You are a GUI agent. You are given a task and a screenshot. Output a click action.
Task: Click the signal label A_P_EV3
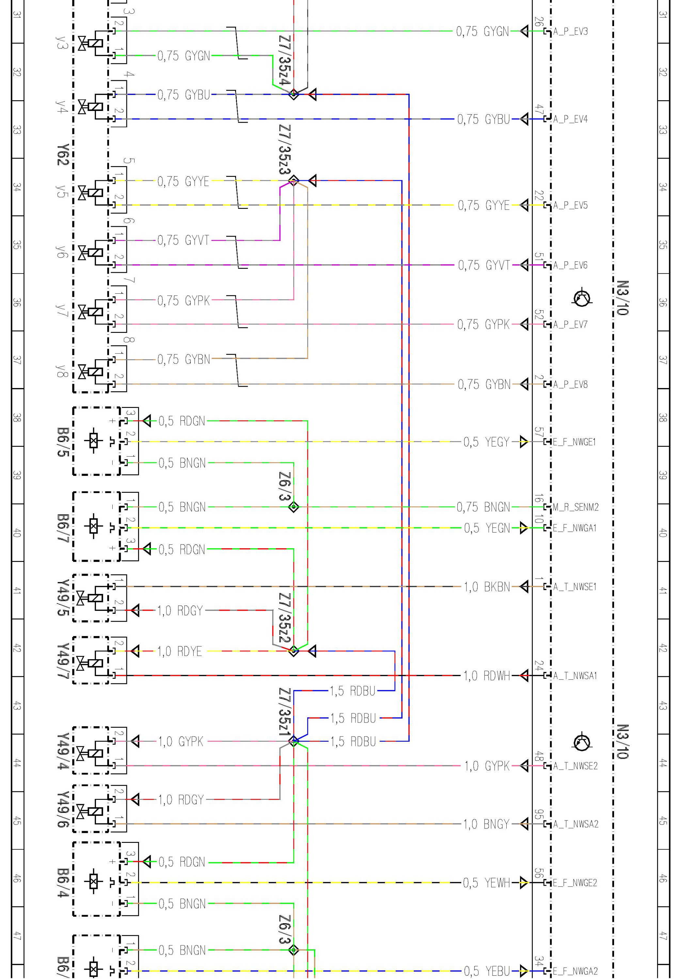[x=571, y=31]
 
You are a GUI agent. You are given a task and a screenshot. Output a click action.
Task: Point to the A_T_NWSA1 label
[x=575, y=676]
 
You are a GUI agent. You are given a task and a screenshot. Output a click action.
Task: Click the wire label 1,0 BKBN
[x=487, y=587]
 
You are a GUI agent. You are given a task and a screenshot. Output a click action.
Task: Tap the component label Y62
[x=63, y=155]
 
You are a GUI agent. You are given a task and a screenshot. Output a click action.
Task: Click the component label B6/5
[x=63, y=442]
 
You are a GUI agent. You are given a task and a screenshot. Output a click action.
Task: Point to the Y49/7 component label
[x=63, y=661]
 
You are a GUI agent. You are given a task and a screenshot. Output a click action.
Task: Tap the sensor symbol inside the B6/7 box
[x=94, y=527]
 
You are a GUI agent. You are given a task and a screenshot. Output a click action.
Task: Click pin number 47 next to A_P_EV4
[x=539, y=110]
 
